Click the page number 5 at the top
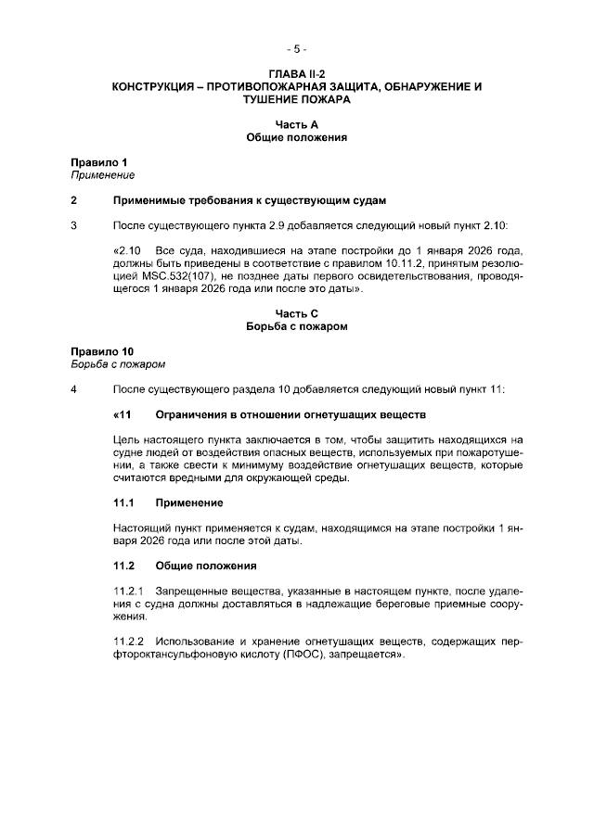296,48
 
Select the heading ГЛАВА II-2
296,73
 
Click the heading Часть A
296,123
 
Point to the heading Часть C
296,313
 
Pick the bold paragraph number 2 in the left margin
74,200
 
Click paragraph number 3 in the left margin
74,225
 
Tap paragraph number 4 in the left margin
74,389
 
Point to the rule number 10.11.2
371,263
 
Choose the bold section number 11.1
124,502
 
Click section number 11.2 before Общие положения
124,566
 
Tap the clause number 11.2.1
129,591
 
